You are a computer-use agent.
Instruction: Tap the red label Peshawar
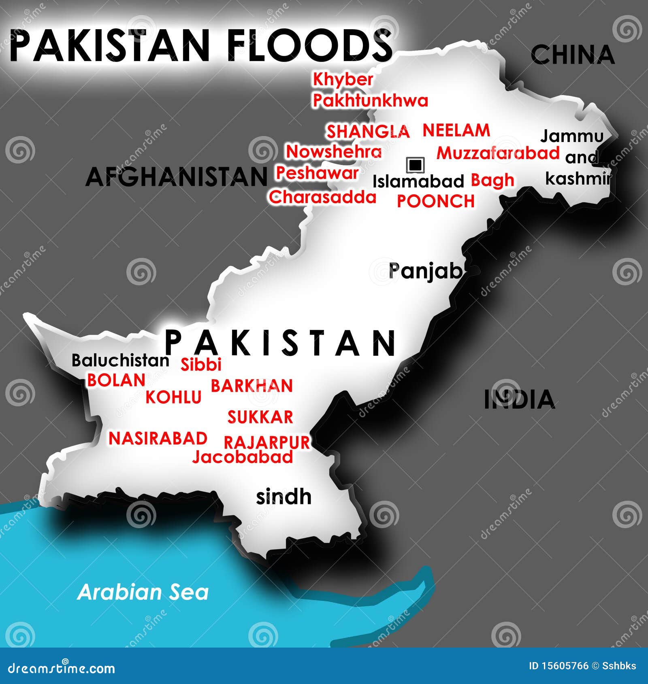pos(317,173)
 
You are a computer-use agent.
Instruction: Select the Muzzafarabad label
pos(498,153)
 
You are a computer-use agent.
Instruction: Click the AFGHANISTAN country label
pos(177,177)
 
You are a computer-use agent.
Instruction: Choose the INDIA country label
pos(519,399)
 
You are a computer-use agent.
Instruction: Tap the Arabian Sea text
pos(143,592)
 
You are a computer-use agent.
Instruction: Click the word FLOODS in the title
pos(310,45)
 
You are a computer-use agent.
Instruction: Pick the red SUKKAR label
pos(260,417)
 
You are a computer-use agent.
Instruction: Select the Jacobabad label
pos(243,457)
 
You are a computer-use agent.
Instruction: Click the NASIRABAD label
pos(158,438)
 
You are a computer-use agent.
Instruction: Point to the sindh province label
pos(283,497)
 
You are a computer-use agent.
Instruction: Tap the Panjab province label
pos(425,271)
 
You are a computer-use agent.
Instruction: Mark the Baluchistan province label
pos(120,360)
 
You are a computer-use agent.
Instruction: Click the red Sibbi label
pos(201,364)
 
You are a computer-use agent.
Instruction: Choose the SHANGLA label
pos(368,132)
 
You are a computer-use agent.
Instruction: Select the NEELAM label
pos(456,130)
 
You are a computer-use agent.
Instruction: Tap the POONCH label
pos(435,201)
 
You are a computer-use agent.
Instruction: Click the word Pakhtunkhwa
pos(370,100)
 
